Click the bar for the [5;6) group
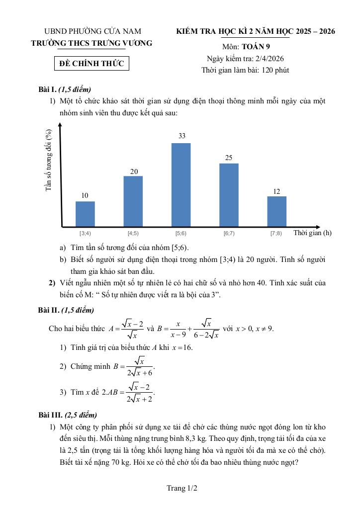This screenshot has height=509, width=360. pos(181,184)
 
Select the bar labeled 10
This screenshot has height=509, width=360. pos(85,214)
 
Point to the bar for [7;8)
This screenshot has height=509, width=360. pos(276,211)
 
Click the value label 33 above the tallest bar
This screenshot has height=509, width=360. pos(182,136)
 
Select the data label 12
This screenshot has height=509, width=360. pos(277,191)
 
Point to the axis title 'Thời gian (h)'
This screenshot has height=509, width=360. pos(312,233)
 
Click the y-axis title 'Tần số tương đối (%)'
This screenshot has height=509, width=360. pos(49,160)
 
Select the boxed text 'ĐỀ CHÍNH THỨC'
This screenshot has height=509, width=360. pos(91,64)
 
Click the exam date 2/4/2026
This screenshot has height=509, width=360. pos(267,59)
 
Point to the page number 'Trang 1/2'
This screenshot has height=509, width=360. pos(182,489)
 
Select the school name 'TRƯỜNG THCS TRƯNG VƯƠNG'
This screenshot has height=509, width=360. pos(91,43)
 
